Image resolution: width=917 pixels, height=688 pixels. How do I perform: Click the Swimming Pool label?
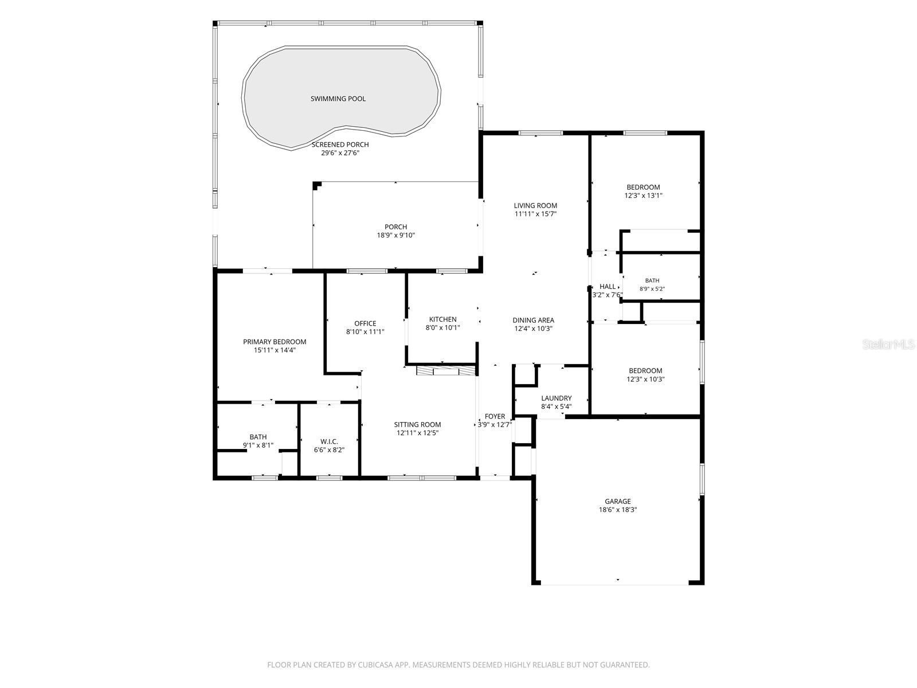pyautogui.click(x=338, y=99)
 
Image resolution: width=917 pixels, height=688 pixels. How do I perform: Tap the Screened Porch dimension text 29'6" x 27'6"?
pyautogui.click(x=340, y=153)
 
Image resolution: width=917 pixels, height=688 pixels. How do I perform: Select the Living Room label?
pyautogui.click(x=535, y=205)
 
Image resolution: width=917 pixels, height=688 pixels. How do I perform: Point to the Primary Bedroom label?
pyautogui.click(x=275, y=342)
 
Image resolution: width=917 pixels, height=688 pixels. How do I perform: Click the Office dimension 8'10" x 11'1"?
pyautogui.click(x=365, y=332)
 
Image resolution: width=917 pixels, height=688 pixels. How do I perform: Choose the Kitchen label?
pyautogui.click(x=443, y=319)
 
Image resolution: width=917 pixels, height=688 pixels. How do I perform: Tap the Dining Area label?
pyautogui.click(x=534, y=320)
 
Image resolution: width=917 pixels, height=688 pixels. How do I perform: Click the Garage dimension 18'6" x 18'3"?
pyautogui.click(x=618, y=510)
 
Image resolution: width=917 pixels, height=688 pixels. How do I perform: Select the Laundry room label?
pyautogui.click(x=557, y=398)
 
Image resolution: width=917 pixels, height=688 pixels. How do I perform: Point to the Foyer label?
pyautogui.click(x=495, y=416)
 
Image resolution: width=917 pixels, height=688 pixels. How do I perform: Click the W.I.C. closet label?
pyautogui.click(x=329, y=441)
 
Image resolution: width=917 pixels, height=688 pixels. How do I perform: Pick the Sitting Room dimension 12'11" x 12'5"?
pyautogui.click(x=417, y=433)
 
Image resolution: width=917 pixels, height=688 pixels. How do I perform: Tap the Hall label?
pyautogui.click(x=608, y=287)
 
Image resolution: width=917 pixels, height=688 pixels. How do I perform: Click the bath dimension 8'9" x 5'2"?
pyautogui.click(x=652, y=288)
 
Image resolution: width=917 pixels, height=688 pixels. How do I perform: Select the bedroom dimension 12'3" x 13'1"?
pyautogui.click(x=644, y=195)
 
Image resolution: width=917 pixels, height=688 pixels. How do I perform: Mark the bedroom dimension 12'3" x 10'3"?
pyautogui.click(x=645, y=380)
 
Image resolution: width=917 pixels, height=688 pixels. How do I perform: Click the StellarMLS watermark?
pyautogui.click(x=888, y=345)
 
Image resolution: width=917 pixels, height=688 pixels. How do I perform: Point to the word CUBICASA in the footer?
pyautogui.click(x=375, y=664)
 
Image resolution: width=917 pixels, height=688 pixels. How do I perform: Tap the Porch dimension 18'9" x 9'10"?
pyautogui.click(x=395, y=235)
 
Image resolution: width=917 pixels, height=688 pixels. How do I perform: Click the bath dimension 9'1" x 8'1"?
pyautogui.click(x=258, y=445)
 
